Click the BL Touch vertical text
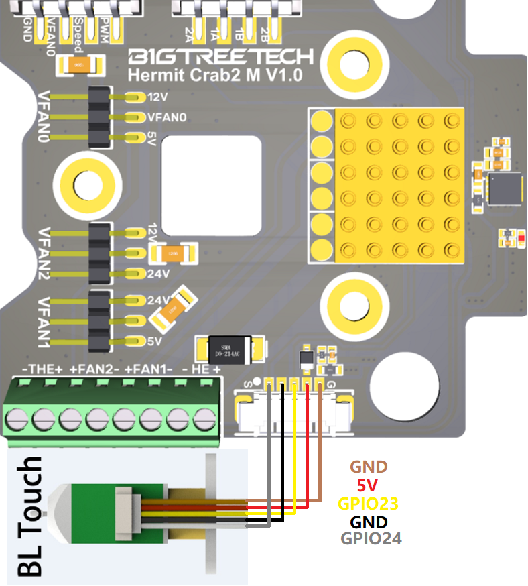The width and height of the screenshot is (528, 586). tap(29, 516)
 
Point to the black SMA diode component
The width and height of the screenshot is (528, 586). tap(229, 347)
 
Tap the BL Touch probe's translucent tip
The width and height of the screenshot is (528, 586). tap(52, 514)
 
